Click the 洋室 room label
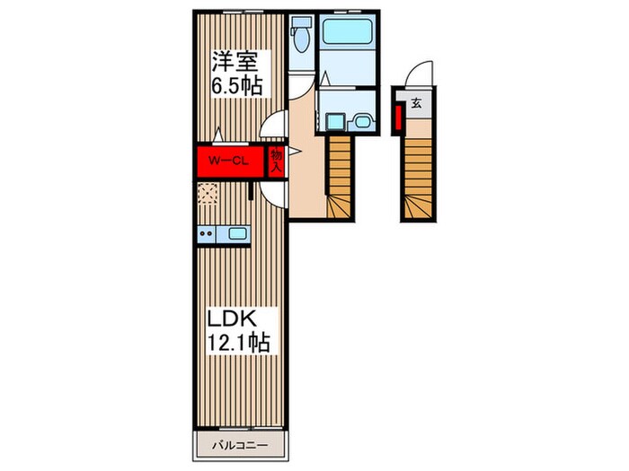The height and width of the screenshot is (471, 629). click(x=235, y=62)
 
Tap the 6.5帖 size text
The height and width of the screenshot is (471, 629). click(x=237, y=85)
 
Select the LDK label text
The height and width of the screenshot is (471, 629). click(x=232, y=318)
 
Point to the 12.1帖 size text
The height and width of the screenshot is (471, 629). click(x=238, y=342)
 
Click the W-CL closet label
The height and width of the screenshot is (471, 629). click(x=229, y=161)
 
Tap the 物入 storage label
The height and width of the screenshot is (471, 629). click(x=277, y=161)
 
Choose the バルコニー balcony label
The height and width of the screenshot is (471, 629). click(x=240, y=445)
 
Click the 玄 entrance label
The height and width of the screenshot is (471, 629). click(x=416, y=104)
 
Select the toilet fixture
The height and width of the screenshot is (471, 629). click(x=301, y=34)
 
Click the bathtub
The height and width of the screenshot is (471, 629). click(x=347, y=31)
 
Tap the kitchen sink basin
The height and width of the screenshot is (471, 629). click(x=236, y=233)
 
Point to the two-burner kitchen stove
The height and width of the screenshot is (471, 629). click(x=206, y=233)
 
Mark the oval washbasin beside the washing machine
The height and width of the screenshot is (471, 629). click(x=363, y=121)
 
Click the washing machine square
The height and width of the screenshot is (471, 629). click(x=335, y=121)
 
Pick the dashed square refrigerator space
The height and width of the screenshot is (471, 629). click(x=208, y=194)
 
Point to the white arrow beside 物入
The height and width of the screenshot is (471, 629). click(x=295, y=151)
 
